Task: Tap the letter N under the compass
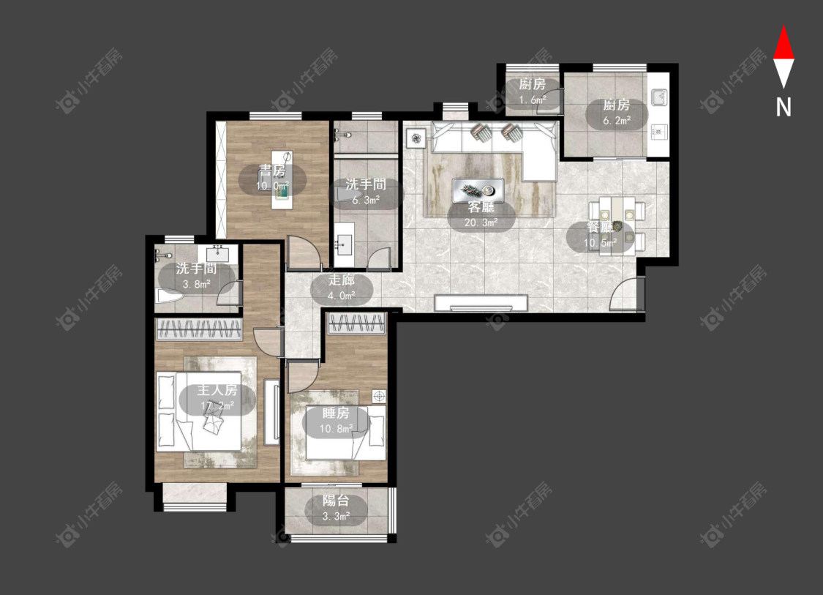tap(783, 107)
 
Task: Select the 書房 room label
tap(272, 171)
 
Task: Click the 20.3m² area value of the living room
tap(481, 222)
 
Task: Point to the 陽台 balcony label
tap(335, 501)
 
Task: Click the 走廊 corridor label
tap(341, 280)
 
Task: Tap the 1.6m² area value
tap(533, 100)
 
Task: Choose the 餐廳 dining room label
tap(600, 228)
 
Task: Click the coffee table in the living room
tap(478, 190)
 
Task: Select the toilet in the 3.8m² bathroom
tap(169, 296)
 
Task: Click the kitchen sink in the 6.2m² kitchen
tap(658, 97)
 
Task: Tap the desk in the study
tap(282, 179)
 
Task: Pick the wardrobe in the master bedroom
tap(199, 329)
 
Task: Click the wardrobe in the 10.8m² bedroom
tap(356, 323)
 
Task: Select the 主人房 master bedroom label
tap(217, 390)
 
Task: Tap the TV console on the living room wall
tap(481, 303)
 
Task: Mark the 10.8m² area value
tap(336, 429)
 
